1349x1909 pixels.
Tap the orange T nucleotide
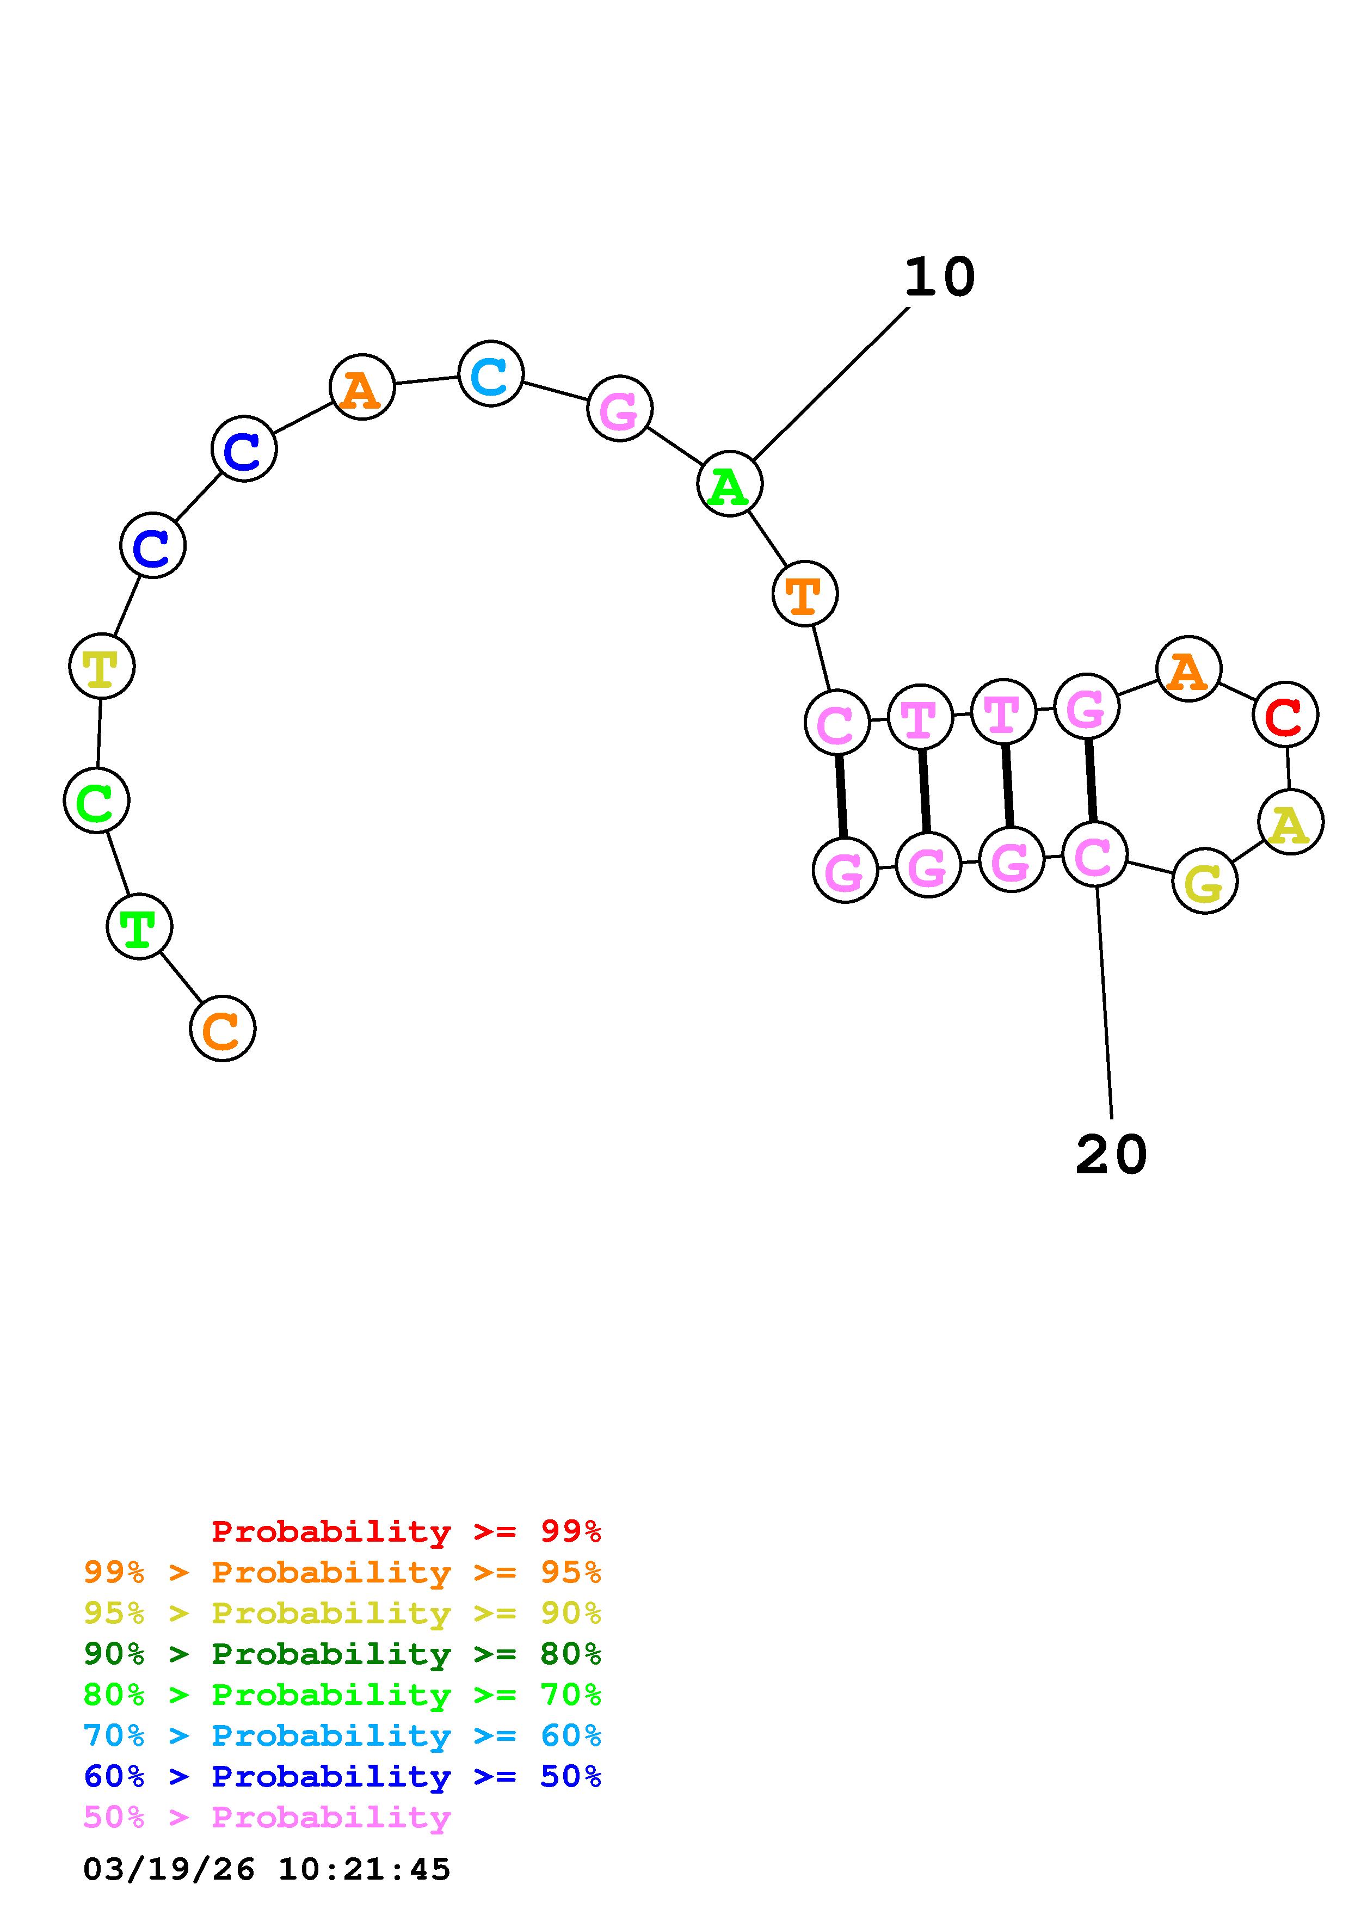805,594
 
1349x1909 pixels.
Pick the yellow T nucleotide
101,667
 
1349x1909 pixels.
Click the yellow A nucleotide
1290,822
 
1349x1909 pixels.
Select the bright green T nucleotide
140,926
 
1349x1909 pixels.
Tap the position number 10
939,277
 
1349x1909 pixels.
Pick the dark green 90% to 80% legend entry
342,1654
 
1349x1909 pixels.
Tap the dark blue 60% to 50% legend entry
342,1777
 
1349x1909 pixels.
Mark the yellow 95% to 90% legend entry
342,1613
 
